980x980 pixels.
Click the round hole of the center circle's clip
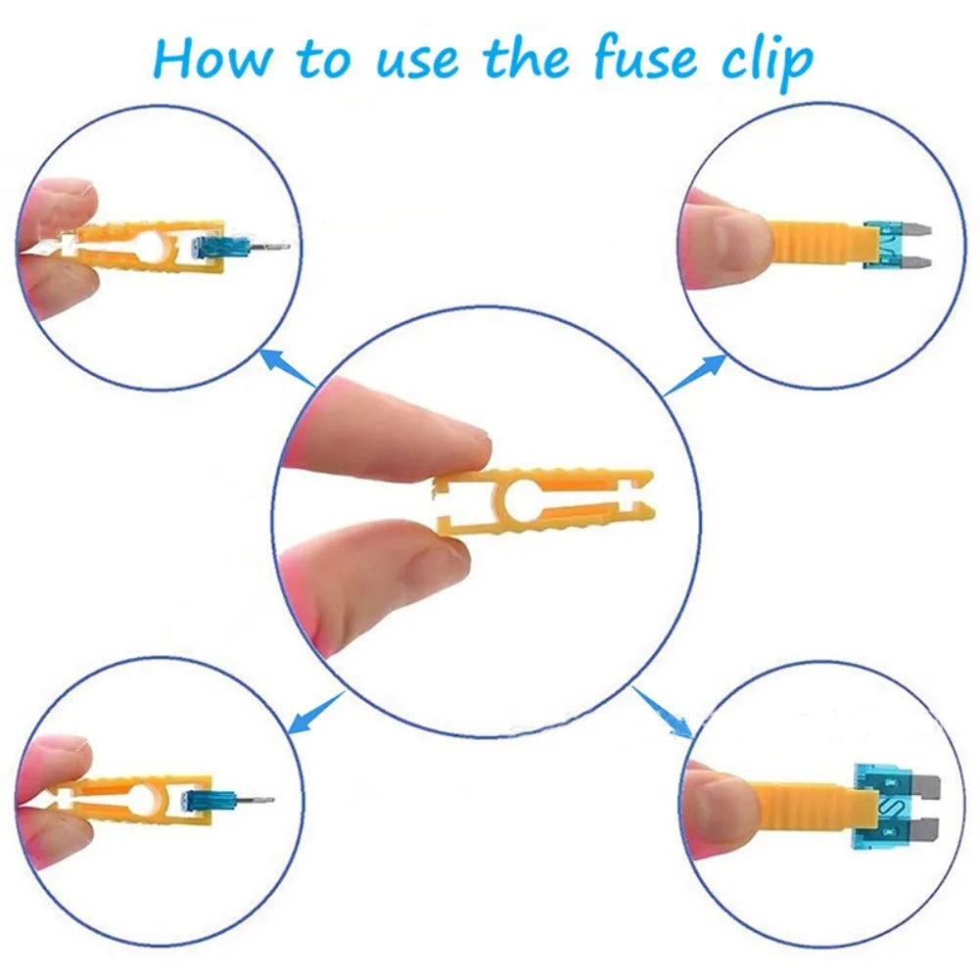523,498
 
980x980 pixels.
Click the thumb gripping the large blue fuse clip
722,803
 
